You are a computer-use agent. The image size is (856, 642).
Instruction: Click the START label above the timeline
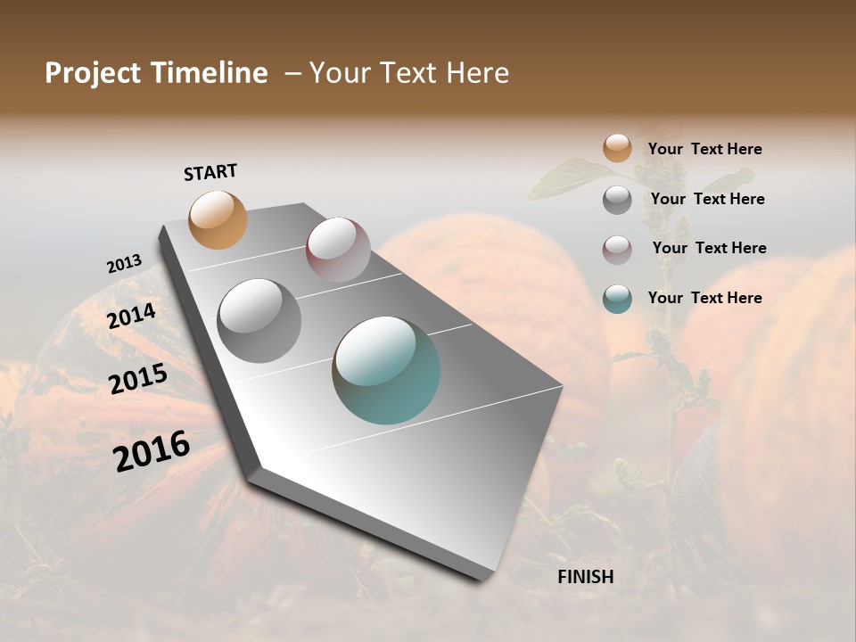click(210, 171)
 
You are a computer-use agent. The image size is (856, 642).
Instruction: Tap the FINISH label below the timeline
click(585, 577)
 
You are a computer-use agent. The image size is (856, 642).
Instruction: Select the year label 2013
click(124, 264)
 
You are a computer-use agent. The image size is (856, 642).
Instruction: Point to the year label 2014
click(132, 317)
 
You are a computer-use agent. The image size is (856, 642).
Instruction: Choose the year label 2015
click(138, 379)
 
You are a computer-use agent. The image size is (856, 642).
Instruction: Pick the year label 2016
click(152, 451)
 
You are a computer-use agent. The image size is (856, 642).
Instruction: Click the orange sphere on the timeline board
click(218, 219)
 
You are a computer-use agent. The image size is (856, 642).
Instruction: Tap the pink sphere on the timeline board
click(338, 250)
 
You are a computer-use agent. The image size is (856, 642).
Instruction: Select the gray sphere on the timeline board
click(259, 320)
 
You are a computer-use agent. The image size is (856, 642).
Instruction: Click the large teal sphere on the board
click(386, 369)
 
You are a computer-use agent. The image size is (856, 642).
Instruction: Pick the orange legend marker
click(617, 148)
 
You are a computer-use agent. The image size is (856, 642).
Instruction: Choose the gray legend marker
click(617, 200)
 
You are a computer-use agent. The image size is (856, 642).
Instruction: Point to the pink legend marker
click(617, 250)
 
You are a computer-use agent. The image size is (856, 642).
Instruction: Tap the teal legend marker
click(617, 298)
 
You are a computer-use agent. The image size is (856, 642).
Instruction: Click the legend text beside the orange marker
click(704, 149)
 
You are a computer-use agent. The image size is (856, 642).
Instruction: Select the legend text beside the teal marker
click(704, 298)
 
